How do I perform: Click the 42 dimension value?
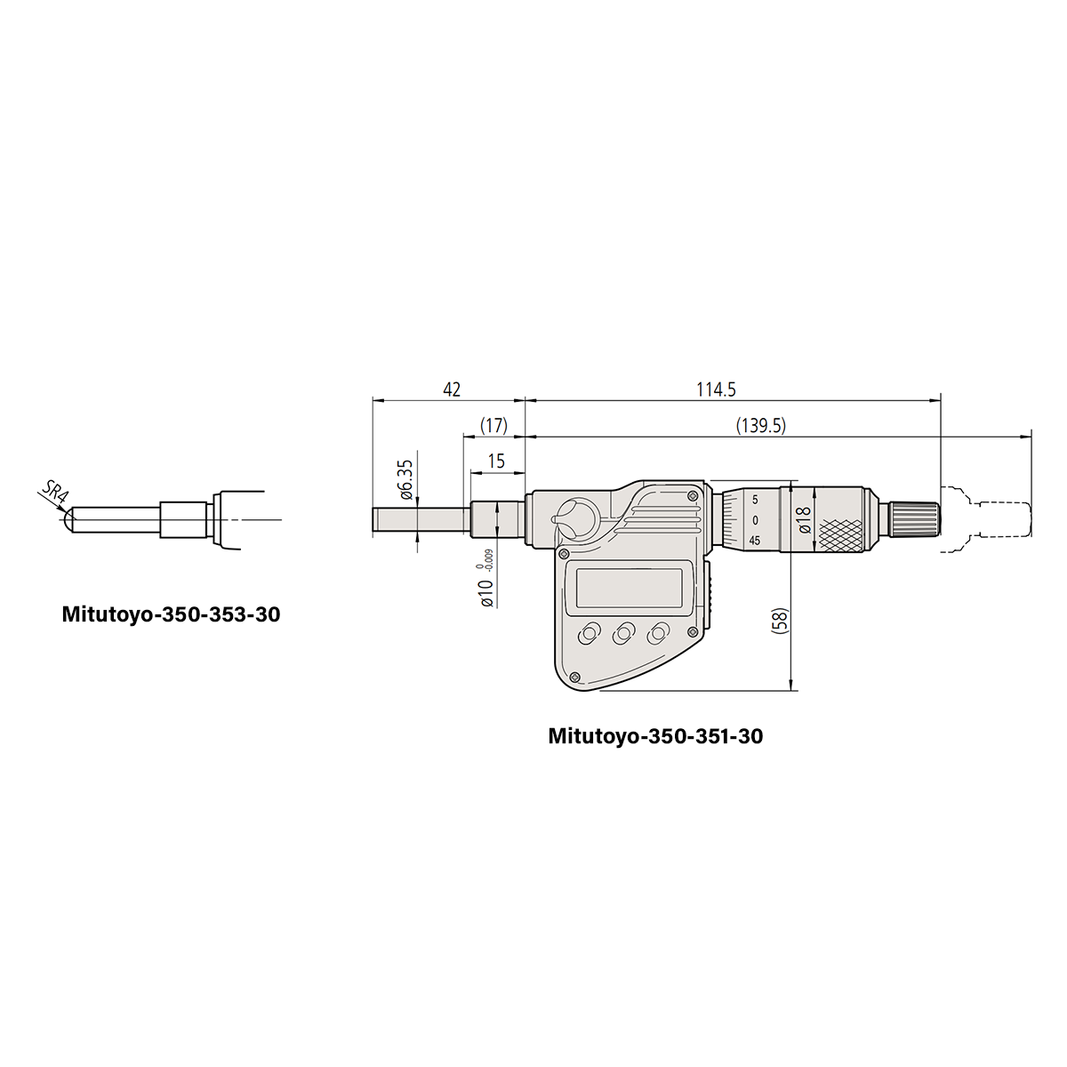pyautogui.click(x=452, y=389)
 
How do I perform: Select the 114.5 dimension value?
pyautogui.click(x=716, y=389)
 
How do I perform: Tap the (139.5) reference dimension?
pyautogui.click(x=761, y=425)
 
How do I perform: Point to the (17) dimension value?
pyautogui.click(x=493, y=425)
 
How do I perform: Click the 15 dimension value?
pyautogui.click(x=496, y=461)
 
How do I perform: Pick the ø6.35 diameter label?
pyautogui.click(x=406, y=479)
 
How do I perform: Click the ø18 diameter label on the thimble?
pyautogui.click(x=805, y=520)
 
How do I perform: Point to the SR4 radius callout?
pyautogui.click(x=55, y=491)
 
